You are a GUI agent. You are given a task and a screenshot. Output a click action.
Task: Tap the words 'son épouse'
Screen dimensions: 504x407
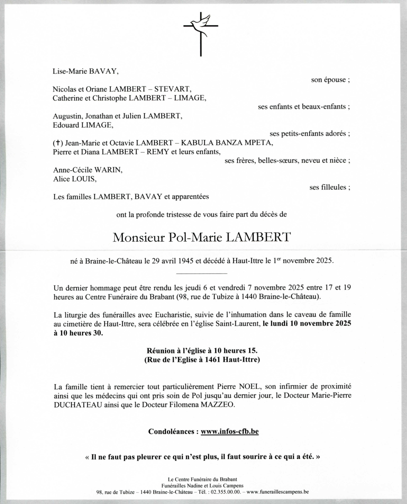[x=328, y=80]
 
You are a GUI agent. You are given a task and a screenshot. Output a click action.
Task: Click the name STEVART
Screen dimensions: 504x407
[x=173, y=89]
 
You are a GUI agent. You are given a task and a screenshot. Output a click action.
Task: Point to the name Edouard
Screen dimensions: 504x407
[x=66, y=125]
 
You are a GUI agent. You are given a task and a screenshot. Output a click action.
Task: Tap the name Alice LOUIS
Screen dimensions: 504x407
[x=74, y=179]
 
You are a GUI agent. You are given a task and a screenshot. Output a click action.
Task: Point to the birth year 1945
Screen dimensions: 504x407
[x=186, y=261]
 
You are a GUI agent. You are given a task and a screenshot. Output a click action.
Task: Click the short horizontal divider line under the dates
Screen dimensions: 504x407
[x=201, y=273]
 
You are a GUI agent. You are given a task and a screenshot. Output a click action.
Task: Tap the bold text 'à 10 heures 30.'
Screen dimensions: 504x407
[x=78, y=333]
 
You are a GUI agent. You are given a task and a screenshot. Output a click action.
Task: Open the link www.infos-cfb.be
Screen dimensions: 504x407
[x=229, y=431]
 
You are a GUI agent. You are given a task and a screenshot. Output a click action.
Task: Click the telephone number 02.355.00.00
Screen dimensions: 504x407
[x=226, y=492]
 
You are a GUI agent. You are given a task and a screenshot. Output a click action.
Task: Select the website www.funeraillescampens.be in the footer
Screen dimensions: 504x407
[x=278, y=492]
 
